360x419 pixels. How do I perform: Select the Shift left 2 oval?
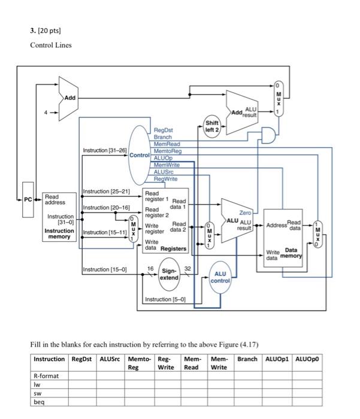tap(211, 126)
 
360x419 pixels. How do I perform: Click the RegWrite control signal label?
tap(165, 178)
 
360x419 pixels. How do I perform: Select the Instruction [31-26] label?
tap(105, 150)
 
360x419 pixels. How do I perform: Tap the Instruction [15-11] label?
tap(105, 232)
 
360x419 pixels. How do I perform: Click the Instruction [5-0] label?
tap(165, 299)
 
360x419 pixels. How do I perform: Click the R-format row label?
tap(46, 377)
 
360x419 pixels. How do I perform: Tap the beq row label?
tap(39, 402)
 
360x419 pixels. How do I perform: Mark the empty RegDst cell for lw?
tap(82, 385)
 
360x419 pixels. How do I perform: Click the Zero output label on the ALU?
tap(245, 212)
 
